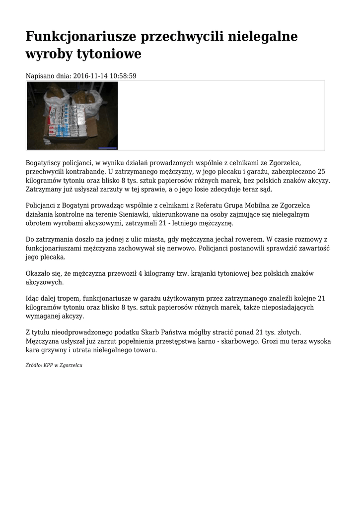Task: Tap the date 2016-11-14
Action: (91, 76)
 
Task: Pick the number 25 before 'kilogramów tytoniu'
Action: (321, 172)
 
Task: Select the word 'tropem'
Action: (71, 298)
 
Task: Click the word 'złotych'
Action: (288, 332)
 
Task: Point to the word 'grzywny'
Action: (52, 350)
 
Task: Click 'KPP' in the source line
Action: (49, 365)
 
